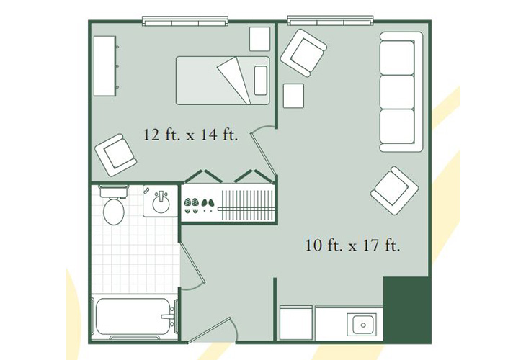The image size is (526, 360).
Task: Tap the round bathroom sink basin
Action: pos(161,203)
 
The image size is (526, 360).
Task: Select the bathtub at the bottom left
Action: pos(133,316)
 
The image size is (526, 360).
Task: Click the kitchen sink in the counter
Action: pos(362,325)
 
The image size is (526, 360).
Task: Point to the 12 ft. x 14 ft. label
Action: pos(190,135)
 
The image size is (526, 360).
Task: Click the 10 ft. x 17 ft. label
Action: pos(352,246)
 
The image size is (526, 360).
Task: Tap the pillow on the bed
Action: pos(261,81)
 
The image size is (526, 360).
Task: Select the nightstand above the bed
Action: pos(259,39)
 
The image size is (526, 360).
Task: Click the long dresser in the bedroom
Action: pos(105,66)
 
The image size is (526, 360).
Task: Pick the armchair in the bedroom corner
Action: pos(116,155)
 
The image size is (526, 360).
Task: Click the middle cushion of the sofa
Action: pos(397,92)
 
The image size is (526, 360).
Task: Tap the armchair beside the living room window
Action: pos(303,53)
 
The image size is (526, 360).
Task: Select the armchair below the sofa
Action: pos(395,190)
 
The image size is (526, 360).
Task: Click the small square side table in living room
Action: pos(293,96)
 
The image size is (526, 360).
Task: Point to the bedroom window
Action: pos(185,21)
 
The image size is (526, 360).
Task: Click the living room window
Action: pos(331,21)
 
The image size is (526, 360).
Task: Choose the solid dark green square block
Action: pos(407,310)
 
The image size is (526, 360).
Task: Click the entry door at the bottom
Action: pos(209,330)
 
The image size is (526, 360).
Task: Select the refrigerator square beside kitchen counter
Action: pos(296,323)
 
